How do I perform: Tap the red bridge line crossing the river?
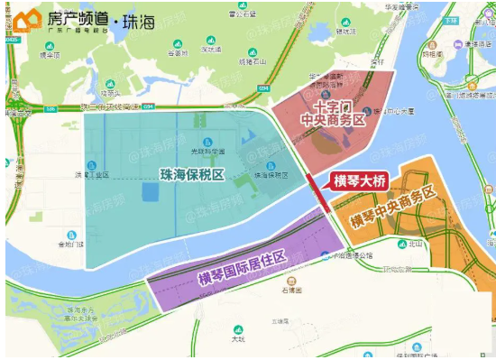point(319,193)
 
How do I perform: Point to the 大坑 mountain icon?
point(237,329)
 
